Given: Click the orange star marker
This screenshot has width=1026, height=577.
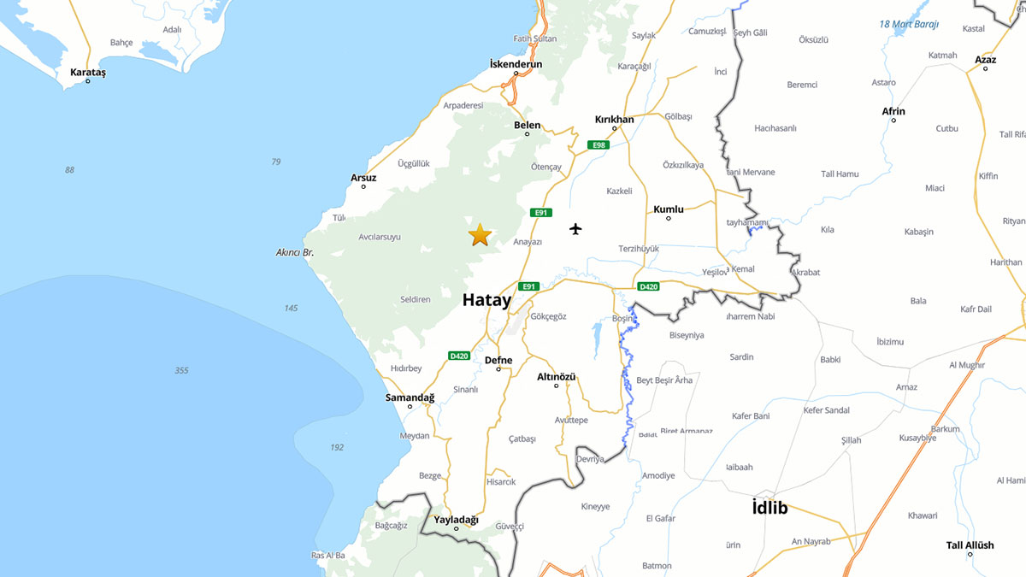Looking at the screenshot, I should (x=480, y=235).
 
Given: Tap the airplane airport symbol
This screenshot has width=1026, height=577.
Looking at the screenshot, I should (x=575, y=229).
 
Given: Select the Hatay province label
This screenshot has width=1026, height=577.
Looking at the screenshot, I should (x=486, y=300).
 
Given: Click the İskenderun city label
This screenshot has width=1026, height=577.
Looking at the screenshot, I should (x=516, y=64).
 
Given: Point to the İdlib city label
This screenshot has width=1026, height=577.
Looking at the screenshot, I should (x=769, y=508).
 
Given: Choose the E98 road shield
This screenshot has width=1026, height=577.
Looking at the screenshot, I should (x=598, y=145).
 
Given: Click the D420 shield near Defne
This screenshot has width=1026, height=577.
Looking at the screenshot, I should (x=459, y=356).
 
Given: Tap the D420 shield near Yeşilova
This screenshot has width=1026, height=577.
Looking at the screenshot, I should (x=648, y=286).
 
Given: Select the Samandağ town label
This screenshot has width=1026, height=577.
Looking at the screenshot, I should (x=410, y=397).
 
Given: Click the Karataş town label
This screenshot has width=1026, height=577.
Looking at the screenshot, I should (x=88, y=73).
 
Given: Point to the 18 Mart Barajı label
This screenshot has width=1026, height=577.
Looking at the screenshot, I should (x=909, y=24).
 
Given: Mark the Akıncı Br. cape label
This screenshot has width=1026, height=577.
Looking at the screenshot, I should (x=295, y=252).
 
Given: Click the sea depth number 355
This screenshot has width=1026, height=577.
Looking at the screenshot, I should (x=181, y=370).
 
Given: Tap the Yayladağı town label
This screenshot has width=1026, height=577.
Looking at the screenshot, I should (x=456, y=520).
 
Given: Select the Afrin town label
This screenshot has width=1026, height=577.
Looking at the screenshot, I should (x=893, y=111).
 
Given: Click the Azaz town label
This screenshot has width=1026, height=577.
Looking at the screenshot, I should (x=985, y=60).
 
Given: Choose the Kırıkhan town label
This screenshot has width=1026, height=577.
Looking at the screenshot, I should (x=614, y=120).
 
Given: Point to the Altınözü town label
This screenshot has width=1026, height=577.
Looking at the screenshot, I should (x=556, y=377).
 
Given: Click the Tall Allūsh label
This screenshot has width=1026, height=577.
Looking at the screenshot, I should (x=970, y=545).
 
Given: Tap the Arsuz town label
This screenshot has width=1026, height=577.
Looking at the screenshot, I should (x=363, y=178).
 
